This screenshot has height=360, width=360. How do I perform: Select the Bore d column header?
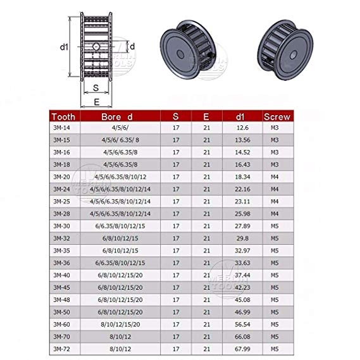tap(118, 116)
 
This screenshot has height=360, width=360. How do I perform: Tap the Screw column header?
tap(276, 116)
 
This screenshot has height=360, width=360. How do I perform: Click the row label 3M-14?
tap(62, 128)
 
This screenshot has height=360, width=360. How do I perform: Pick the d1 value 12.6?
tap(242, 128)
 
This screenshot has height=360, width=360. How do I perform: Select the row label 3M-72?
tap(62, 349)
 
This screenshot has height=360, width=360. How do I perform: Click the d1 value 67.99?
tap(242, 349)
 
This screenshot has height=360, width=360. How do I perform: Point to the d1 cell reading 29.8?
tap(242, 238)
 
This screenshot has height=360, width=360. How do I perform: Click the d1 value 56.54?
tap(242, 324)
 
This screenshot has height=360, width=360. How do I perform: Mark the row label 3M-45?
tap(62, 287)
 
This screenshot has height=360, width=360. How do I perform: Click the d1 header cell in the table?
tap(242, 116)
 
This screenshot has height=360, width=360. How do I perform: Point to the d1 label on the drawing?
tap(64, 47)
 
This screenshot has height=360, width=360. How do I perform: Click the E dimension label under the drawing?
tap(95, 100)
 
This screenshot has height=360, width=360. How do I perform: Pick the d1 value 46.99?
tap(242, 312)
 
